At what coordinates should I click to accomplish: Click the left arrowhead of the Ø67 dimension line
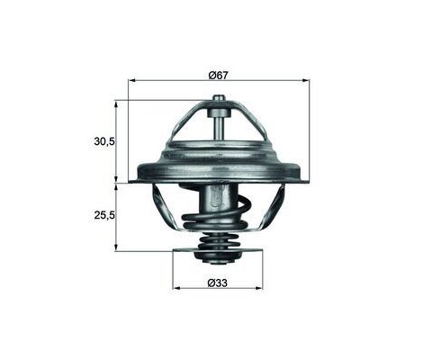tap(132, 80)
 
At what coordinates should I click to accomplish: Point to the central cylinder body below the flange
tap(219, 198)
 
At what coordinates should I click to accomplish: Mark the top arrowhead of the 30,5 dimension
tap(115, 103)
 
